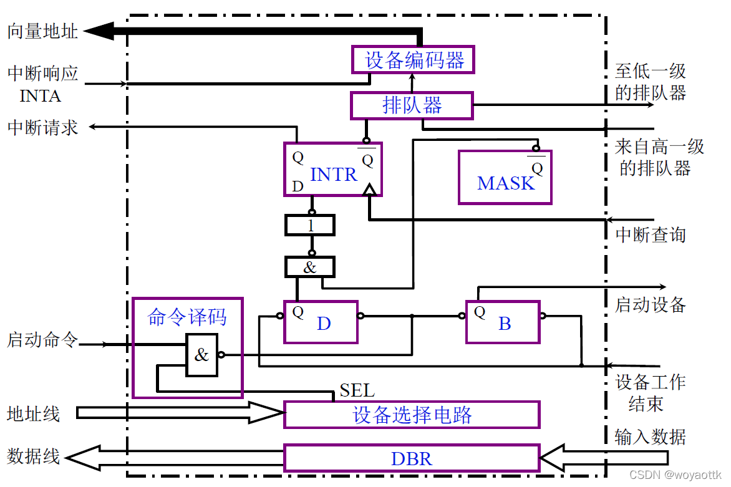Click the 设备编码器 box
[412, 60]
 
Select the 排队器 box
[412, 105]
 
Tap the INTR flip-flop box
[332, 170]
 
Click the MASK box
[505, 178]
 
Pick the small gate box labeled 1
[310, 225]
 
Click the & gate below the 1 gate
[310, 268]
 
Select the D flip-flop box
[321, 322]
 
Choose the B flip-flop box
[503, 322]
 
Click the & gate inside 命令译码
[201, 355]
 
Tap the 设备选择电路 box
[412, 415]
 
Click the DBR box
[412, 459]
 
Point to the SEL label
[357, 391]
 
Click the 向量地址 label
[42, 32]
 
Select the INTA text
[40, 96]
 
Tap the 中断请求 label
[42, 128]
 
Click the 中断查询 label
[651, 235]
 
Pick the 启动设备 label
[651, 304]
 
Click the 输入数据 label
[650, 436]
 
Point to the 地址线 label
[34, 414]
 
